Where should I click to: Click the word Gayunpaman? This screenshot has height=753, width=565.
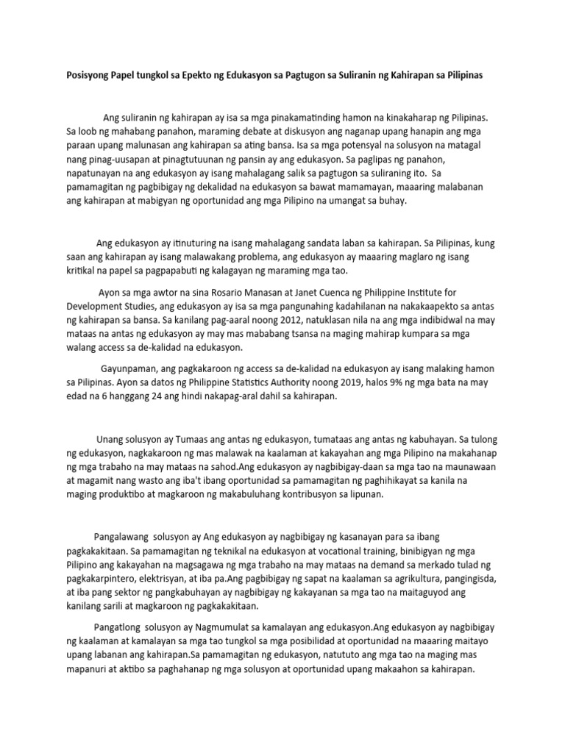coord(129,368)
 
